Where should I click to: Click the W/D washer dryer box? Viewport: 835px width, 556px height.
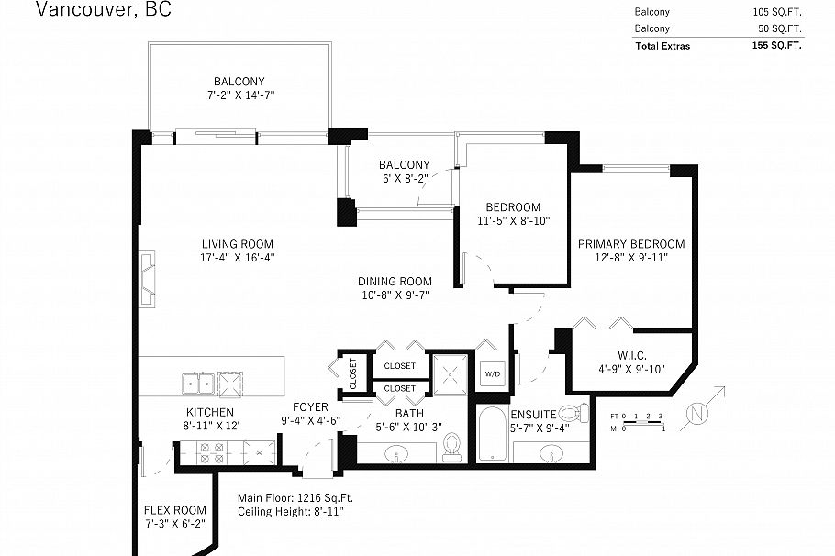(x=491, y=373)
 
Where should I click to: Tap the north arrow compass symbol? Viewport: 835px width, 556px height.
(x=699, y=412)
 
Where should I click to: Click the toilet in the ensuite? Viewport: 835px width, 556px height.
(x=574, y=412)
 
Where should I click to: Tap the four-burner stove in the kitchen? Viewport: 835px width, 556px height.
(x=208, y=450)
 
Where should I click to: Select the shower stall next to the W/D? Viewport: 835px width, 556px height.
(x=450, y=373)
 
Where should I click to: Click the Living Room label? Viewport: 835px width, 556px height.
(x=238, y=244)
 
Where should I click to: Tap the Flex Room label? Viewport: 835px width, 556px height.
(x=173, y=510)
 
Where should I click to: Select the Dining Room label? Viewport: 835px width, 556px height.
(x=395, y=282)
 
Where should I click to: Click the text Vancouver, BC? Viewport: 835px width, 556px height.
(x=103, y=10)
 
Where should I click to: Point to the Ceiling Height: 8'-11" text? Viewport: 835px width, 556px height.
(x=290, y=510)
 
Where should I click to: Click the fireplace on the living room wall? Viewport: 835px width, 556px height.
(x=146, y=280)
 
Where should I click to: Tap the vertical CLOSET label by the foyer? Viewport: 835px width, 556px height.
(x=353, y=373)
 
